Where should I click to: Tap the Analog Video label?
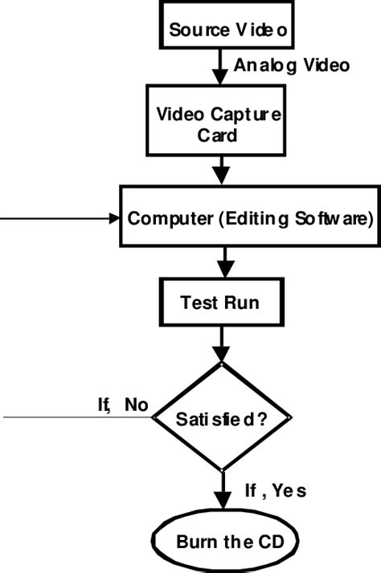click(x=291, y=66)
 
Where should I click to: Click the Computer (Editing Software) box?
click(x=249, y=217)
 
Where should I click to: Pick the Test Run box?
click(x=219, y=303)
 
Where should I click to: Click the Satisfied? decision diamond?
click(x=221, y=417)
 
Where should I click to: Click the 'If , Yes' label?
click(x=274, y=490)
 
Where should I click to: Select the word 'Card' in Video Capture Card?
click(x=218, y=134)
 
